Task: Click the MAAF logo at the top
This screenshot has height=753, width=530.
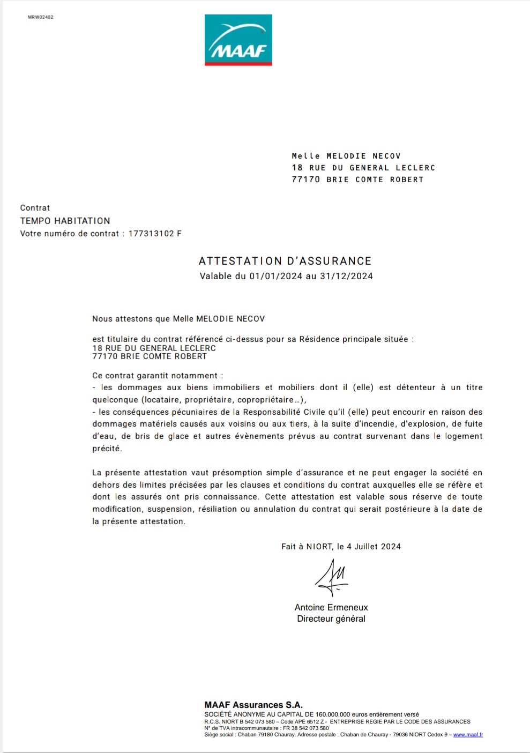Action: pyautogui.click(x=238, y=40)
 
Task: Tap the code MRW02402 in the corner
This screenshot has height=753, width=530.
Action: pyautogui.click(x=41, y=17)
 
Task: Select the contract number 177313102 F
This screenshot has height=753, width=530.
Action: pyautogui.click(x=155, y=234)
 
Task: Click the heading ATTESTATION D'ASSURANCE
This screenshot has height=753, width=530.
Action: pyautogui.click(x=285, y=261)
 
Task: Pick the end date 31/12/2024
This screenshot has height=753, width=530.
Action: pyautogui.click(x=346, y=277)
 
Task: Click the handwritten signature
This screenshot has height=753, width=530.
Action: pyautogui.click(x=332, y=578)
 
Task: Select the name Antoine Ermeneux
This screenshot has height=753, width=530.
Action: pyautogui.click(x=331, y=607)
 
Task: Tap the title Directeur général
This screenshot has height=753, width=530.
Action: pyautogui.click(x=331, y=618)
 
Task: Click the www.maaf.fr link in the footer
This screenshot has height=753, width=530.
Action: pyautogui.click(x=468, y=735)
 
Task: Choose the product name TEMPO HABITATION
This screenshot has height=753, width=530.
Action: pyautogui.click(x=65, y=221)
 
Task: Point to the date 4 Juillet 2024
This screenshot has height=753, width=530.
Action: pyautogui.click(x=374, y=547)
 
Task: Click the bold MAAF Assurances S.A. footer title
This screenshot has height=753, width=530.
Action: pyautogui.click(x=253, y=705)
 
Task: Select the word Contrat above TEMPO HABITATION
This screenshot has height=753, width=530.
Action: pyautogui.click(x=35, y=208)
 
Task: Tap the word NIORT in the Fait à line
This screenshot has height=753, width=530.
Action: pyautogui.click(x=319, y=547)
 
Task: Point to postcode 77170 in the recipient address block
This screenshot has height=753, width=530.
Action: pyautogui.click(x=305, y=180)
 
